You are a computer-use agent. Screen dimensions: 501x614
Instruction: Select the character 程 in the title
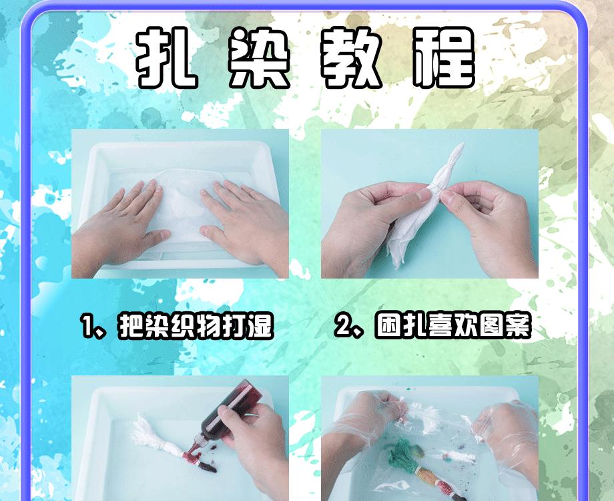tap(444, 58)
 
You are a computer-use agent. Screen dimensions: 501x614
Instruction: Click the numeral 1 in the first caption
tap(86, 327)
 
